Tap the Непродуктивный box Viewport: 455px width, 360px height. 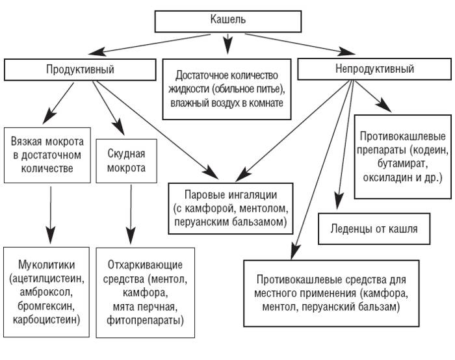click(374, 69)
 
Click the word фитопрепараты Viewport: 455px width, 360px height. click(146, 320)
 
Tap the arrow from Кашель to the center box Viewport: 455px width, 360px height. click(227, 44)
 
